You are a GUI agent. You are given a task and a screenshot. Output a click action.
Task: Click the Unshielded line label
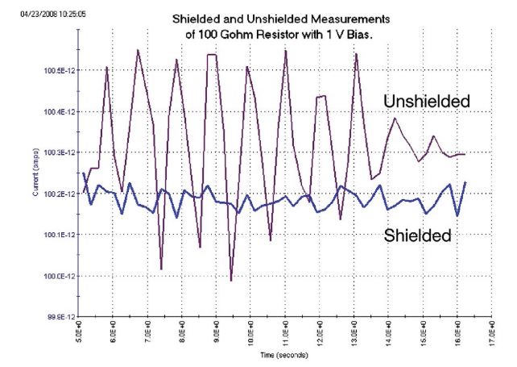(x=427, y=101)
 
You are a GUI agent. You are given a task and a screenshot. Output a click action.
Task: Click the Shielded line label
(x=416, y=236)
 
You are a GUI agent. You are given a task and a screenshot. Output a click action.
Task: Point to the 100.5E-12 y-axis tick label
(x=55, y=71)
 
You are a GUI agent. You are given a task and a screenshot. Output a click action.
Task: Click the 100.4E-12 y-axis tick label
(x=55, y=112)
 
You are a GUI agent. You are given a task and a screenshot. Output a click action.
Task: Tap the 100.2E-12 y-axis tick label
(x=55, y=194)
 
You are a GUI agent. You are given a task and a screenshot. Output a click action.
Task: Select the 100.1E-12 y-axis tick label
(x=55, y=235)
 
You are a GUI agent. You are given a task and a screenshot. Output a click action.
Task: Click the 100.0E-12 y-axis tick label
(x=55, y=276)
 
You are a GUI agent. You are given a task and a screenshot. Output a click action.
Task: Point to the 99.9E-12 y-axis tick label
(x=56, y=317)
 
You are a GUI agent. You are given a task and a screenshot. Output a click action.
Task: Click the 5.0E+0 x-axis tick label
(x=79, y=333)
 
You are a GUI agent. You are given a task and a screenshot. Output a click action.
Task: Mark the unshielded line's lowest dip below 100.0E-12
(x=230, y=281)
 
